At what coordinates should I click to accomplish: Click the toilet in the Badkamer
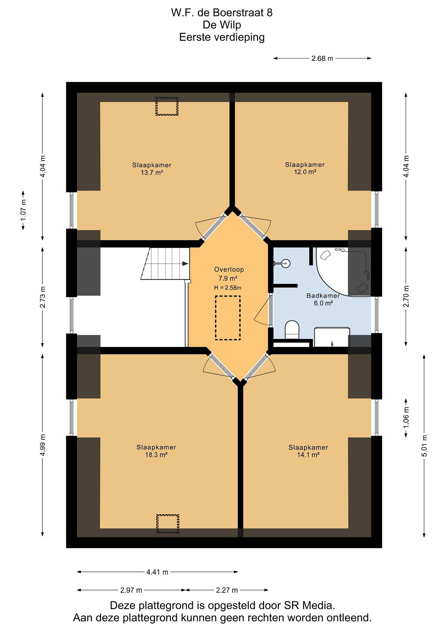click(292, 330)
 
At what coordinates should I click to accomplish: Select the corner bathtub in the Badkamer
click(343, 272)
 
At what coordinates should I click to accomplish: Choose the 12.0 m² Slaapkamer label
click(305, 168)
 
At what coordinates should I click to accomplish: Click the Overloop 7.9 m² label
click(229, 274)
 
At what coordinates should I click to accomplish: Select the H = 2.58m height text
click(228, 288)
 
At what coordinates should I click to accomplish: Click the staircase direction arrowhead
click(185, 264)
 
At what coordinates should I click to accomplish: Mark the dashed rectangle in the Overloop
click(228, 318)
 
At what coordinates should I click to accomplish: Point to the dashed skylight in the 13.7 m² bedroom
click(167, 106)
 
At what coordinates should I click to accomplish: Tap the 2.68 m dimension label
click(322, 59)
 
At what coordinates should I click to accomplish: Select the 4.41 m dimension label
click(157, 572)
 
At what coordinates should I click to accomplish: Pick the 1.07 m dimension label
click(23, 210)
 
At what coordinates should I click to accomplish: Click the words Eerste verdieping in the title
click(222, 37)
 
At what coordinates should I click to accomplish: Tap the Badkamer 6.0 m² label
click(323, 300)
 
